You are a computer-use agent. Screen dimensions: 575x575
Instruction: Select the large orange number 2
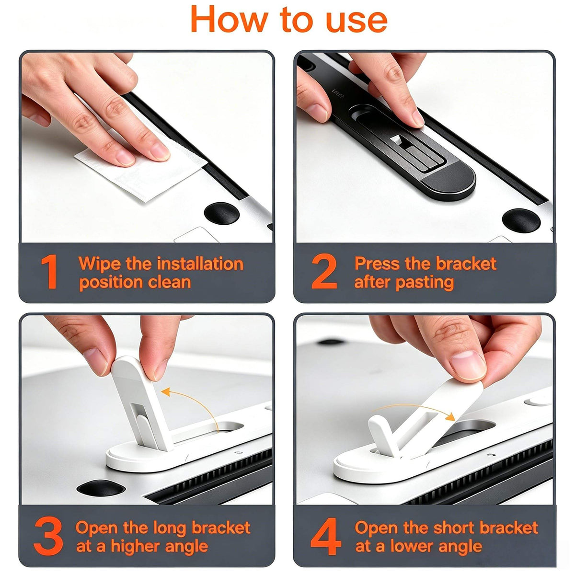coord(324,272)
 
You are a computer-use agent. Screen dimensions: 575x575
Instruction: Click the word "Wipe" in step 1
coord(100,264)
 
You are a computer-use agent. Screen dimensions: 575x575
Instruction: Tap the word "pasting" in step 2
coord(425,282)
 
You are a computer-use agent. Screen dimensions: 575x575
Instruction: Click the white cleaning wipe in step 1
coord(140,170)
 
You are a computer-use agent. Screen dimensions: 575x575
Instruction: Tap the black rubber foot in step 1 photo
coord(222,213)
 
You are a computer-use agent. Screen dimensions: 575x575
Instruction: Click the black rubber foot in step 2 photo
coord(521,220)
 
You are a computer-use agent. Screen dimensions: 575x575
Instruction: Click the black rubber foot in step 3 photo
coord(101,488)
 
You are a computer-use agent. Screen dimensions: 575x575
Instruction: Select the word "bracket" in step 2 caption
coord(466,264)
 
